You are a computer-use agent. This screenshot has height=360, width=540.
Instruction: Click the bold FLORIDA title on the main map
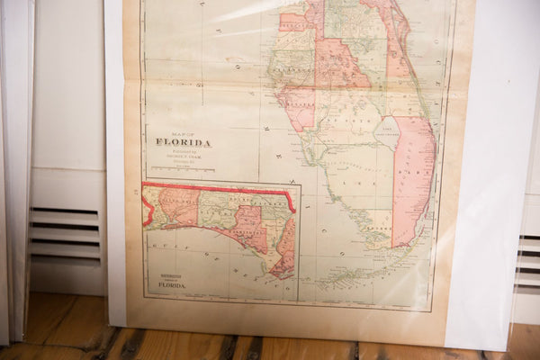[x=183, y=142]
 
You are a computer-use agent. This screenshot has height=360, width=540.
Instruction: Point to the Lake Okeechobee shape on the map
[x=387, y=133]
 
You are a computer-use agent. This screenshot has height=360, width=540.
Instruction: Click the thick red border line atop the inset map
[x=216, y=185]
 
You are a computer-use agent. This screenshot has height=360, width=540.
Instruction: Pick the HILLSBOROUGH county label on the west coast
[x=292, y=67]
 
